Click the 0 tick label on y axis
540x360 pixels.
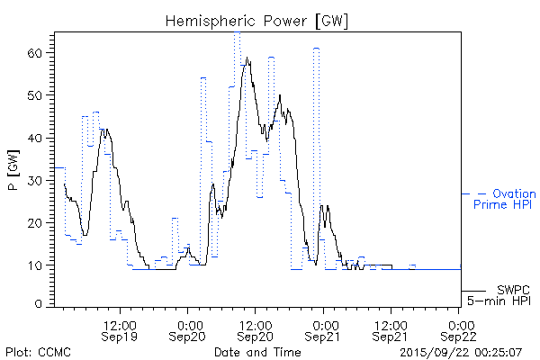(39, 305)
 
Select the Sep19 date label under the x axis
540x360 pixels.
(121, 336)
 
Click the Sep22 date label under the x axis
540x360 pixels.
(460, 336)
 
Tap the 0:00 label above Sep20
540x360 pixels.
(189, 322)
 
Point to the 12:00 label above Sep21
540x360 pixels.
(391, 322)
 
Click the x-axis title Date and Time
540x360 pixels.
(257, 352)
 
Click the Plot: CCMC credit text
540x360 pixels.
(35, 352)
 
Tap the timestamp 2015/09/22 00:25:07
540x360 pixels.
(461, 352)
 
